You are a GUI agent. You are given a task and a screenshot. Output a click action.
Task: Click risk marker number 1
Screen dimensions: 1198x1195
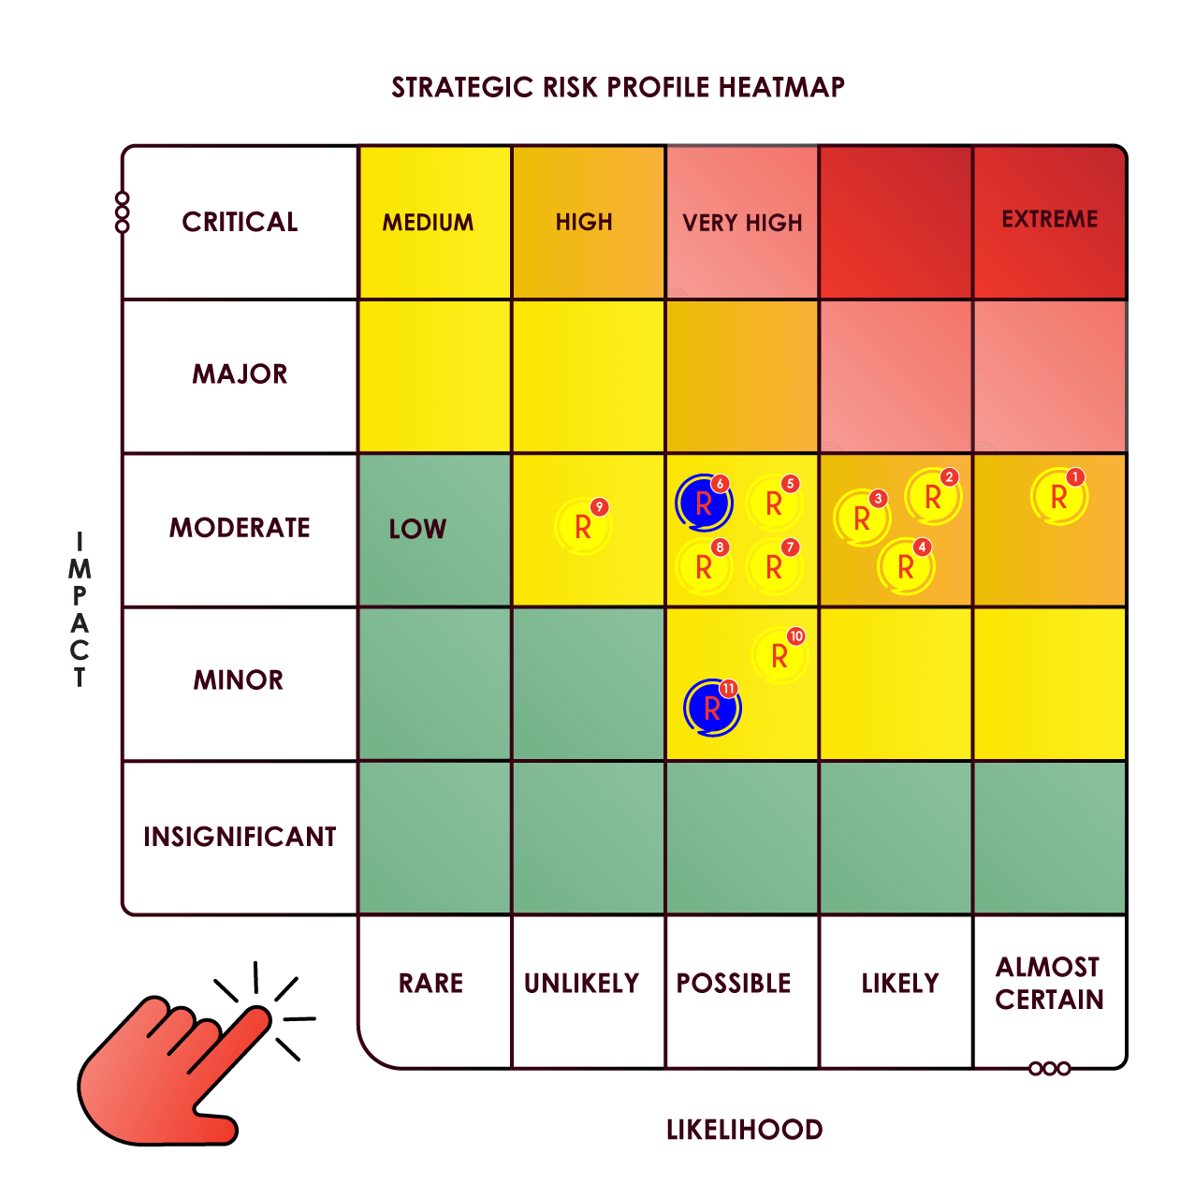pos(1058,497)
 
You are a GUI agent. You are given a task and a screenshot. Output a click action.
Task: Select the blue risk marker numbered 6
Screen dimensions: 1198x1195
pos(704,504)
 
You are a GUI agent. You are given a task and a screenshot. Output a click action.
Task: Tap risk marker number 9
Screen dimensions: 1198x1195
pos(583,527)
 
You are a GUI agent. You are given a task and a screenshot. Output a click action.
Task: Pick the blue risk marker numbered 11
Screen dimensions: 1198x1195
pos(712,709)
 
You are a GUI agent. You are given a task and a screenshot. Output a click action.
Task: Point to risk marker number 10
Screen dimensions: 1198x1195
pos(780,656)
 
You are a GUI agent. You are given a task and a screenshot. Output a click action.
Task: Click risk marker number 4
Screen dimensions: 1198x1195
pos(906,566)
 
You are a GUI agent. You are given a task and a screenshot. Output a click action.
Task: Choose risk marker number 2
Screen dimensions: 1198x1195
pos(933,497)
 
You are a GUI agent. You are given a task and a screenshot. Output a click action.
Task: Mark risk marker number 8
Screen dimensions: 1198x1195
pos(704,566)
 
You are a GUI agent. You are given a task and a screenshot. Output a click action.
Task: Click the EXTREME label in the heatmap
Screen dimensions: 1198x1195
pos(1049,219)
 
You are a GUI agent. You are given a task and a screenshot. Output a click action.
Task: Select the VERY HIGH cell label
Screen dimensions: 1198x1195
pos(742,223)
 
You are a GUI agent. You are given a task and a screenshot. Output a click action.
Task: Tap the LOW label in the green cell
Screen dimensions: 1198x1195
pos(417,529)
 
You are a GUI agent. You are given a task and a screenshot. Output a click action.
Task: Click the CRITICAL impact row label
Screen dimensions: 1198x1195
pos(240,222)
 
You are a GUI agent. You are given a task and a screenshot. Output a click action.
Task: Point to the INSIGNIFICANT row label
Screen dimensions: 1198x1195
pos(240,837)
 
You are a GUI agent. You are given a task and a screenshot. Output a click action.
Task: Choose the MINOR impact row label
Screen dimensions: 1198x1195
pos(239,679)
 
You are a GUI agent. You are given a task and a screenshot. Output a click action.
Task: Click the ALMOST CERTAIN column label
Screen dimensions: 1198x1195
pos(1049,983)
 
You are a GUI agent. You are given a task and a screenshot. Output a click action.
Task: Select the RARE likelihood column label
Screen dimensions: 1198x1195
pos(430,983)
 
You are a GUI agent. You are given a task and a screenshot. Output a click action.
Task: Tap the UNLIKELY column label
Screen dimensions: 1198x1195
pos(581,983)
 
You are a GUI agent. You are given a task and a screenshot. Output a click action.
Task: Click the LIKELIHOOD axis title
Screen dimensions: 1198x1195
pos(744,1130)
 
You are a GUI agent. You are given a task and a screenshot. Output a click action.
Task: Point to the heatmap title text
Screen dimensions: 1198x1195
pos(618,87)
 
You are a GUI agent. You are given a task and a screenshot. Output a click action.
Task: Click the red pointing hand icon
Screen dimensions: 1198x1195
pos(168,1076)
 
